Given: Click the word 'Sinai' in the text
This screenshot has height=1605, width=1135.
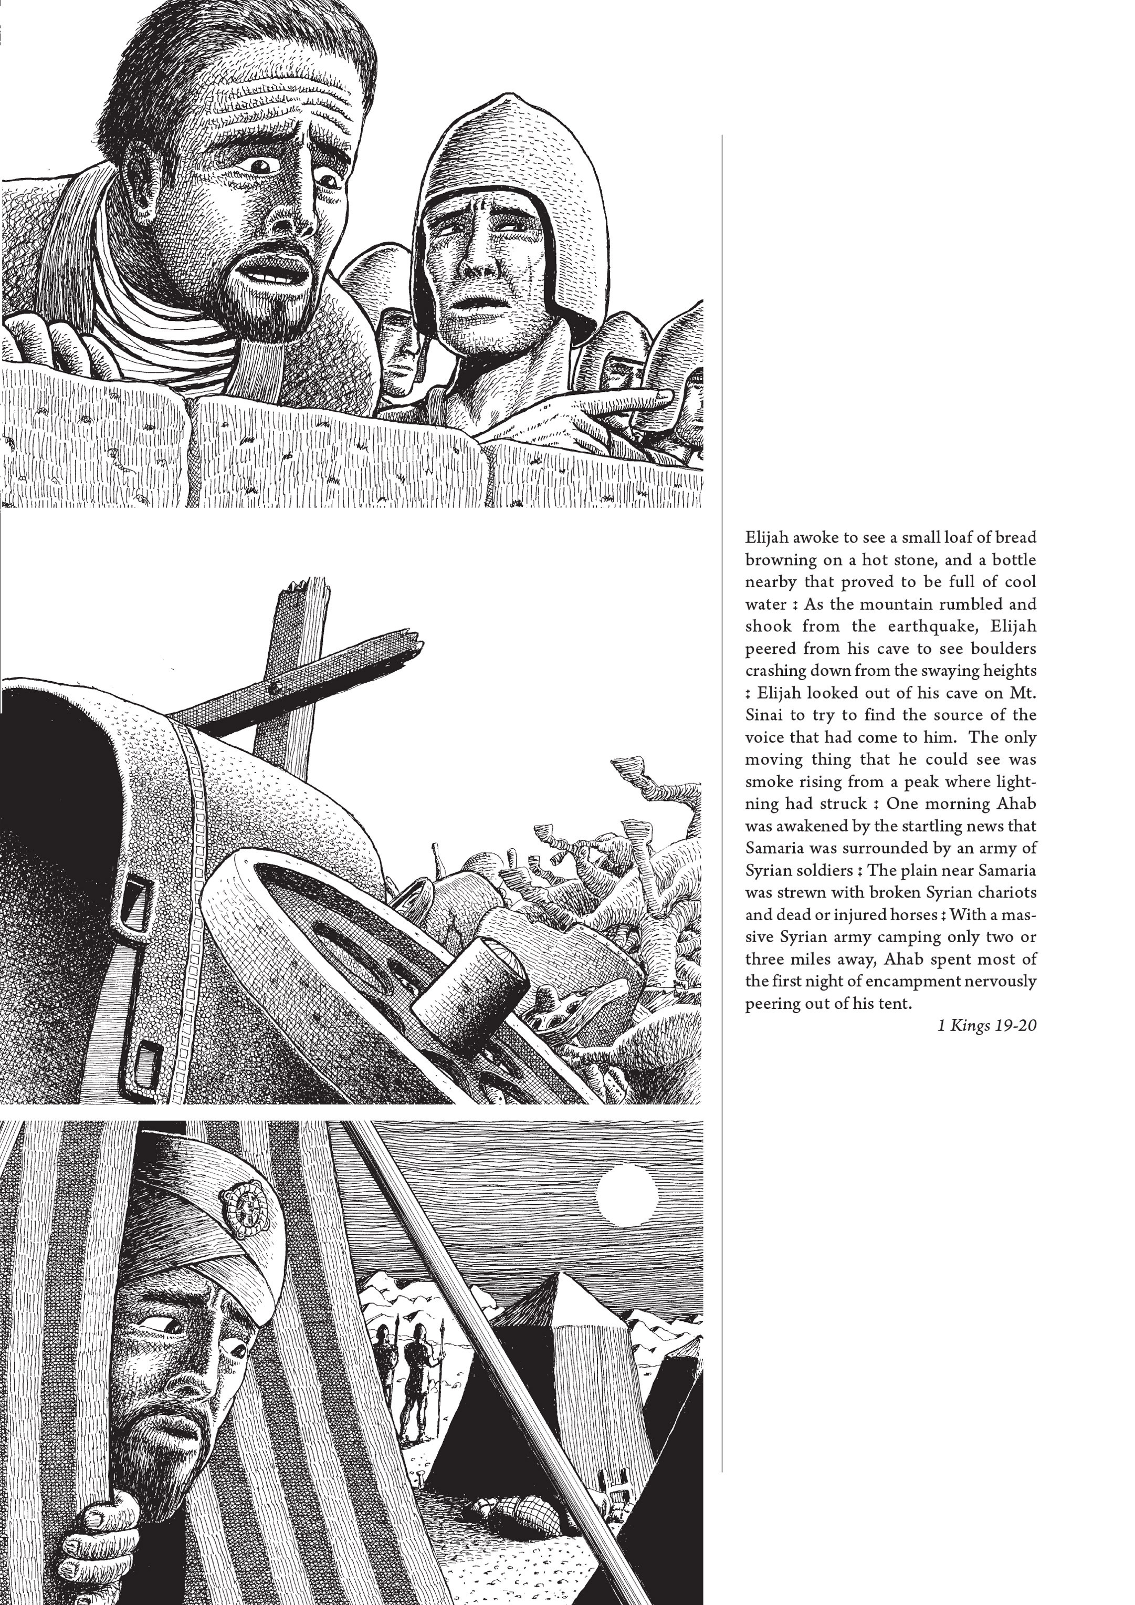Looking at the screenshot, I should (x=763, y=715).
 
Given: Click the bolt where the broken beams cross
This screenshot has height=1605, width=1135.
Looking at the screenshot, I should (x=278, y=688).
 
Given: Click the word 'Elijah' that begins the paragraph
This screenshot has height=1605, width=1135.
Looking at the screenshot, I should (x=766, y=538).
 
